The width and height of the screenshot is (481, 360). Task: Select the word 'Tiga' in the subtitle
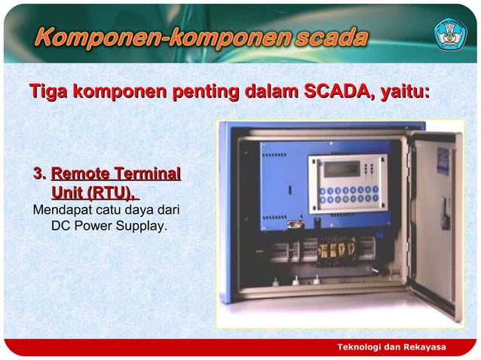47,92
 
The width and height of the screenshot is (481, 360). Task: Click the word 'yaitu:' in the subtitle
403,92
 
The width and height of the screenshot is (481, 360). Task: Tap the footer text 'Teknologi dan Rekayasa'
391,346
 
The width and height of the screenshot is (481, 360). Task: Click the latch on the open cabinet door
445,218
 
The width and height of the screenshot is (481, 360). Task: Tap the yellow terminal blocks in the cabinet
336,249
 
